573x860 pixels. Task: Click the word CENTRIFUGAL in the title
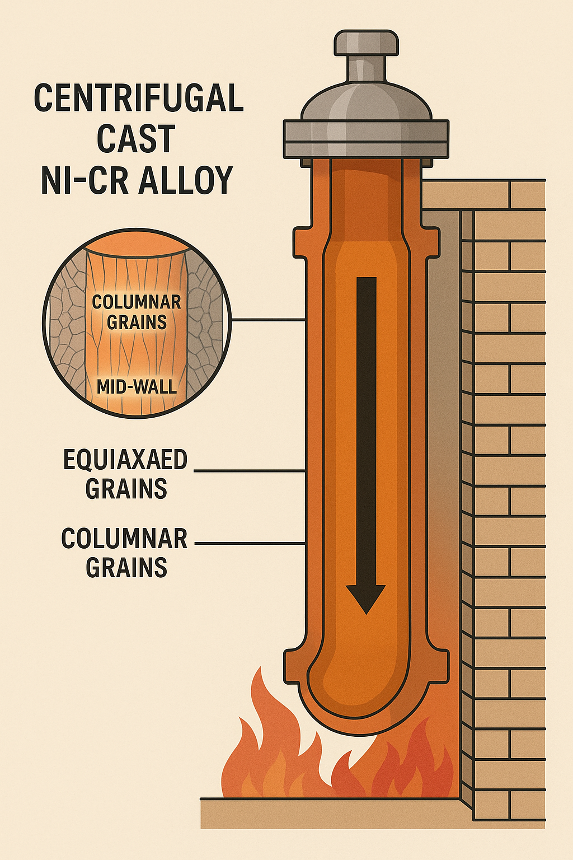coord(139,99)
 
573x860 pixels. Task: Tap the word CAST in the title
coord(136,139)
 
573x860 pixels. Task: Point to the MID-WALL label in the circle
coord(137,386)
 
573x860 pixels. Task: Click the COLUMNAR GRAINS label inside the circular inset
coord(137,312)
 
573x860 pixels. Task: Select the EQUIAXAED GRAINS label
coord(125,474)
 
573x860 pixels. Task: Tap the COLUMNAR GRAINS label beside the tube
coord(124,553)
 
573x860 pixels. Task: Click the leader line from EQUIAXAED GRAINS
coord(250,471)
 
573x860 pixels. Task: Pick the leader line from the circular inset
coord(269,320)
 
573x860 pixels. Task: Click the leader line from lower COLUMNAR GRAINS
coord(250,543)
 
